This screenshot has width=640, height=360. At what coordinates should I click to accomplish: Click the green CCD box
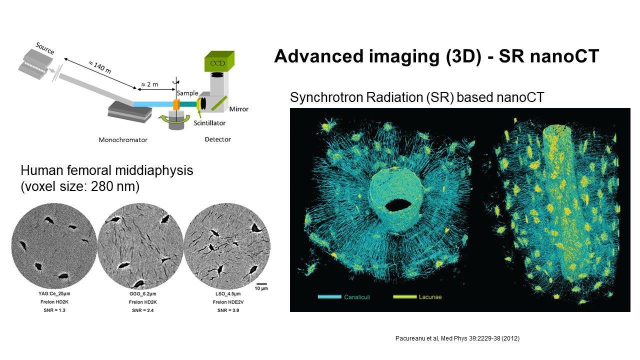(219, 61)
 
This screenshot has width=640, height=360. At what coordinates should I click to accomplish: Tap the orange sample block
(176, 105)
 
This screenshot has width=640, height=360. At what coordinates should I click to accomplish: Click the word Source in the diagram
(45, 48)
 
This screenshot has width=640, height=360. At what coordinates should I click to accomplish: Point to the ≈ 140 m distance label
(99, 67)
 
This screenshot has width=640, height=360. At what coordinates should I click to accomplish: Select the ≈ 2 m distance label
(149, 84)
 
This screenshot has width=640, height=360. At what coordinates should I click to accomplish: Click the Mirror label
(239, 109)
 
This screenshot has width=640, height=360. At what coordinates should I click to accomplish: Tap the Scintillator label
(209, 123)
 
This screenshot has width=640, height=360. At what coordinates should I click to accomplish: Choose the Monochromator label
(123, 139)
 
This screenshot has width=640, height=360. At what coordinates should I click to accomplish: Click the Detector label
(217, 139)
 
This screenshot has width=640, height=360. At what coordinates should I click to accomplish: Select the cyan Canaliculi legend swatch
(329, 297)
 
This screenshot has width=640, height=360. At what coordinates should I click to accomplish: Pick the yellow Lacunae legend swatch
(405, 297)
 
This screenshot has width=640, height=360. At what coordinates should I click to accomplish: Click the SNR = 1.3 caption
(54, 310)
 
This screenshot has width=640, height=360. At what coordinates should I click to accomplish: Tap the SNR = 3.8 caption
(228, 310)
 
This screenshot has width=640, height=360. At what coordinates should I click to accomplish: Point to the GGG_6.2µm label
(143, 293)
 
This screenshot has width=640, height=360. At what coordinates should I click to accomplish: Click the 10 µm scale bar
(261, 283)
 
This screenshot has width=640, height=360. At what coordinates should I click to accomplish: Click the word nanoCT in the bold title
(564, 56)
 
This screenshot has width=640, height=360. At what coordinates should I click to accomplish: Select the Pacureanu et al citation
(457, 338)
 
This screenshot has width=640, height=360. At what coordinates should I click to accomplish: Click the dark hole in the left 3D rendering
(398, 205)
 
